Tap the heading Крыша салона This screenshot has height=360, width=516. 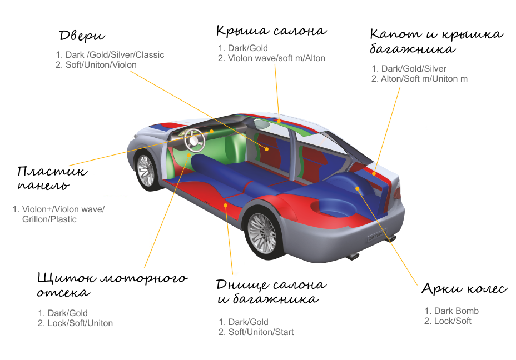[x=271, y=31]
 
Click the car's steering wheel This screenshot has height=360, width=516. [x=195, y=141]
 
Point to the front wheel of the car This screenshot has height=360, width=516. [x=146, y=171]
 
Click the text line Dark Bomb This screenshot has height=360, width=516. [x=456, y=311]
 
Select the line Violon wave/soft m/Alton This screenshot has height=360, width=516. [x=276, y=58]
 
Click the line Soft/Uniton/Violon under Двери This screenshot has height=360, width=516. [x=101, y=65]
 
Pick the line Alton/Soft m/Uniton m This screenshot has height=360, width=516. [x=424, y=79]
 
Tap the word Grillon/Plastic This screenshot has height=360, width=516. [x=49, y=219]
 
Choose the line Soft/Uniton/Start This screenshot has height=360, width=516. [x=261, y=332]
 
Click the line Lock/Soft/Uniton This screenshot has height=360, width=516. [x=80, y=323]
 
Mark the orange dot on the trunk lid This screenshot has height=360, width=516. [x=374, y=173]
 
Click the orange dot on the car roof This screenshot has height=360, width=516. [x=279, y=121]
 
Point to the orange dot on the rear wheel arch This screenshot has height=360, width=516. [x=358, y=188]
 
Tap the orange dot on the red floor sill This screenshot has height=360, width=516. [x=225, y=205]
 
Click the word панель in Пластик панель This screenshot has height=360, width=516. [x=43, y=186]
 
